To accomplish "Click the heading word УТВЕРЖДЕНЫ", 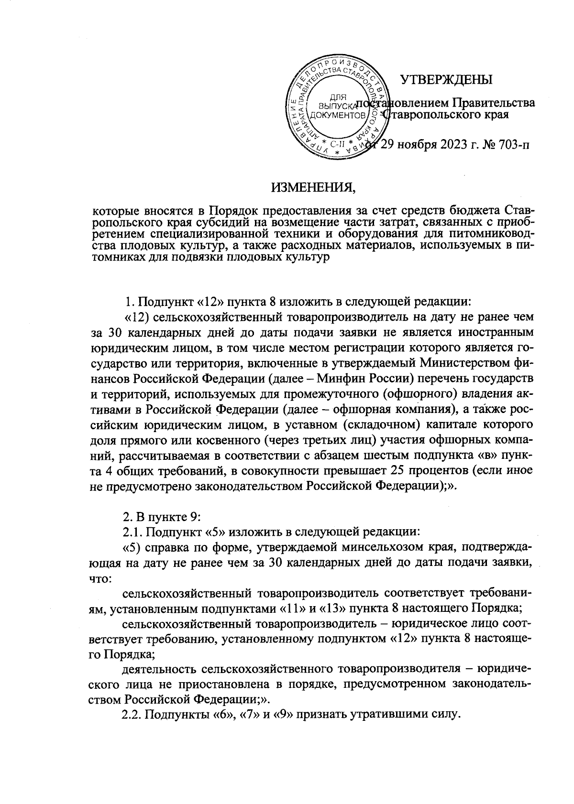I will point(446,79).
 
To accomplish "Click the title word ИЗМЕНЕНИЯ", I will point(314,187).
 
